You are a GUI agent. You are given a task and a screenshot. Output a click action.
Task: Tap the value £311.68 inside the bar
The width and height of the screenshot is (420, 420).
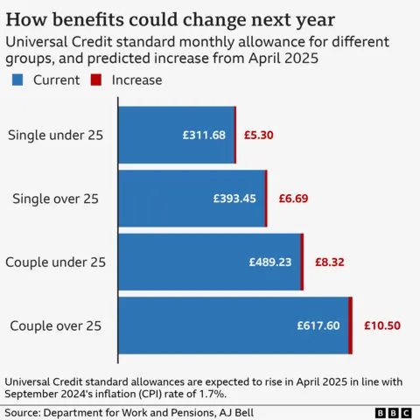[x=204, y=135]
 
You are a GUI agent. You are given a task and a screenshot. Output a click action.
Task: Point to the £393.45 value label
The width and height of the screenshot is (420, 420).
[x=234, y=199]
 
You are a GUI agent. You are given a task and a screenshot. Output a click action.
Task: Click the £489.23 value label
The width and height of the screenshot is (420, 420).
[x=270, y=262]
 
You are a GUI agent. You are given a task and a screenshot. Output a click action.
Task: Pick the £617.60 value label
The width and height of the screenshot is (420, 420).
[x=318, y=325]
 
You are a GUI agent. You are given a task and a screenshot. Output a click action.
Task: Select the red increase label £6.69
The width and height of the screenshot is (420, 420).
[x=292, y=199]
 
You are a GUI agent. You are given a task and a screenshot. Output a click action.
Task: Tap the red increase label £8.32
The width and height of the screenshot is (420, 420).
[x=328, y=262]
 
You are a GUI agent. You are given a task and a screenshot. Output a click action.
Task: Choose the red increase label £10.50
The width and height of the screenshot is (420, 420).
[x=382, y=325]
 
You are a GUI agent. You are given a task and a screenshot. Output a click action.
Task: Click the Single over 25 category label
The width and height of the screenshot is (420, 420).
[x=55, y=199]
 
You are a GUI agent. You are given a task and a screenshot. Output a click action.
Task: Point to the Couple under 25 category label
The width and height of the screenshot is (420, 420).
[x=55, y=262]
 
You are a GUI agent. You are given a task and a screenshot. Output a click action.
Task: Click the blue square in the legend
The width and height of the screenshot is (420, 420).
[x=17, y=80]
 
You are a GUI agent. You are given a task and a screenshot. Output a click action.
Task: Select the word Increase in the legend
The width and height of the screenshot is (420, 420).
[x=136, y=80]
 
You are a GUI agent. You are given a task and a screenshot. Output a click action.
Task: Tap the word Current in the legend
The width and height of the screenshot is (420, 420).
[x=56, y=80]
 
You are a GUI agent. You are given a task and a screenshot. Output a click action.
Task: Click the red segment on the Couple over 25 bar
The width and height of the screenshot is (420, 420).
[x=350, y=325]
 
